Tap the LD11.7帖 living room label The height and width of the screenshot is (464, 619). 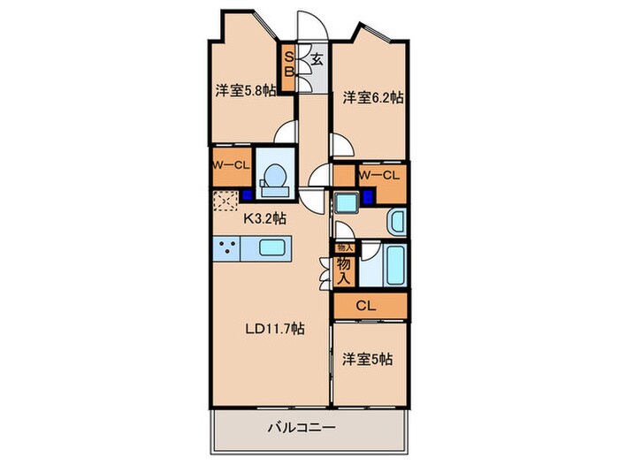tap(275, 328)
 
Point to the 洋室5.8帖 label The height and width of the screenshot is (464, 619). tap(245, 90)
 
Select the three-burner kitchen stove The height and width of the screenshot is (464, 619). tap(226, 250)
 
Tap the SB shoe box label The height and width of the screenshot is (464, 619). tap(288, 66)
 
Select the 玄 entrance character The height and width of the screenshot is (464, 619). tap(316, 61)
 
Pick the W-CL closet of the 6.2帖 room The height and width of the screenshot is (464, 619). tap(382, 176)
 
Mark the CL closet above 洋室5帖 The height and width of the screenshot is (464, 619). tap(371, 306)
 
